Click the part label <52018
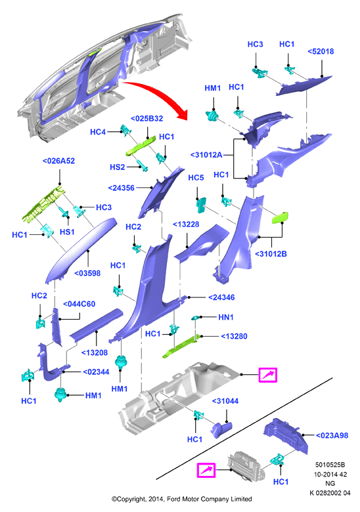[x=321, y=51]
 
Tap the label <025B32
[x=146, y=118]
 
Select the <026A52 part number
[x=58, y=161]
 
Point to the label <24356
[x=121, y=188]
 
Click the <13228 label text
[x=186, y=224]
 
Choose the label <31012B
[x=271, y=254]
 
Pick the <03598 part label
[x=87, y=273]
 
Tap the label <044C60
[x=79, y=304]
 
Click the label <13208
[x=95, y=352]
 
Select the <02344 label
[x=96, y=372]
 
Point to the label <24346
[x=221, y=297]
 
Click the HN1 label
[x=226, y=317]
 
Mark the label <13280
[x=235, y=336]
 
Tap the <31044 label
[x=225, y=401]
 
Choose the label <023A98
[x=332, y=435]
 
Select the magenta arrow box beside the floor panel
[x=268, y=375]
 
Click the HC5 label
[x=196, y=178]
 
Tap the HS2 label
[x=118, y=167]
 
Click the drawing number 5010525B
[x=330, y=465]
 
